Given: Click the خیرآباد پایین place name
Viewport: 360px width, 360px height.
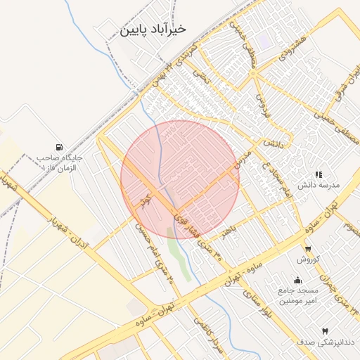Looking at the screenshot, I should [x=153, y=30].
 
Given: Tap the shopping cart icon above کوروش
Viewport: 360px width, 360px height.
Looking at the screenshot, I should [x=308, y=248].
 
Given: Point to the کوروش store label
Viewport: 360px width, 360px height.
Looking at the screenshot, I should [x=308, y=259].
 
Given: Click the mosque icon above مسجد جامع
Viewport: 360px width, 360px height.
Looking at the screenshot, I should [x=298, y=279].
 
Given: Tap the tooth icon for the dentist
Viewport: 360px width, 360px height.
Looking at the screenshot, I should [x=325, y=330].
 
